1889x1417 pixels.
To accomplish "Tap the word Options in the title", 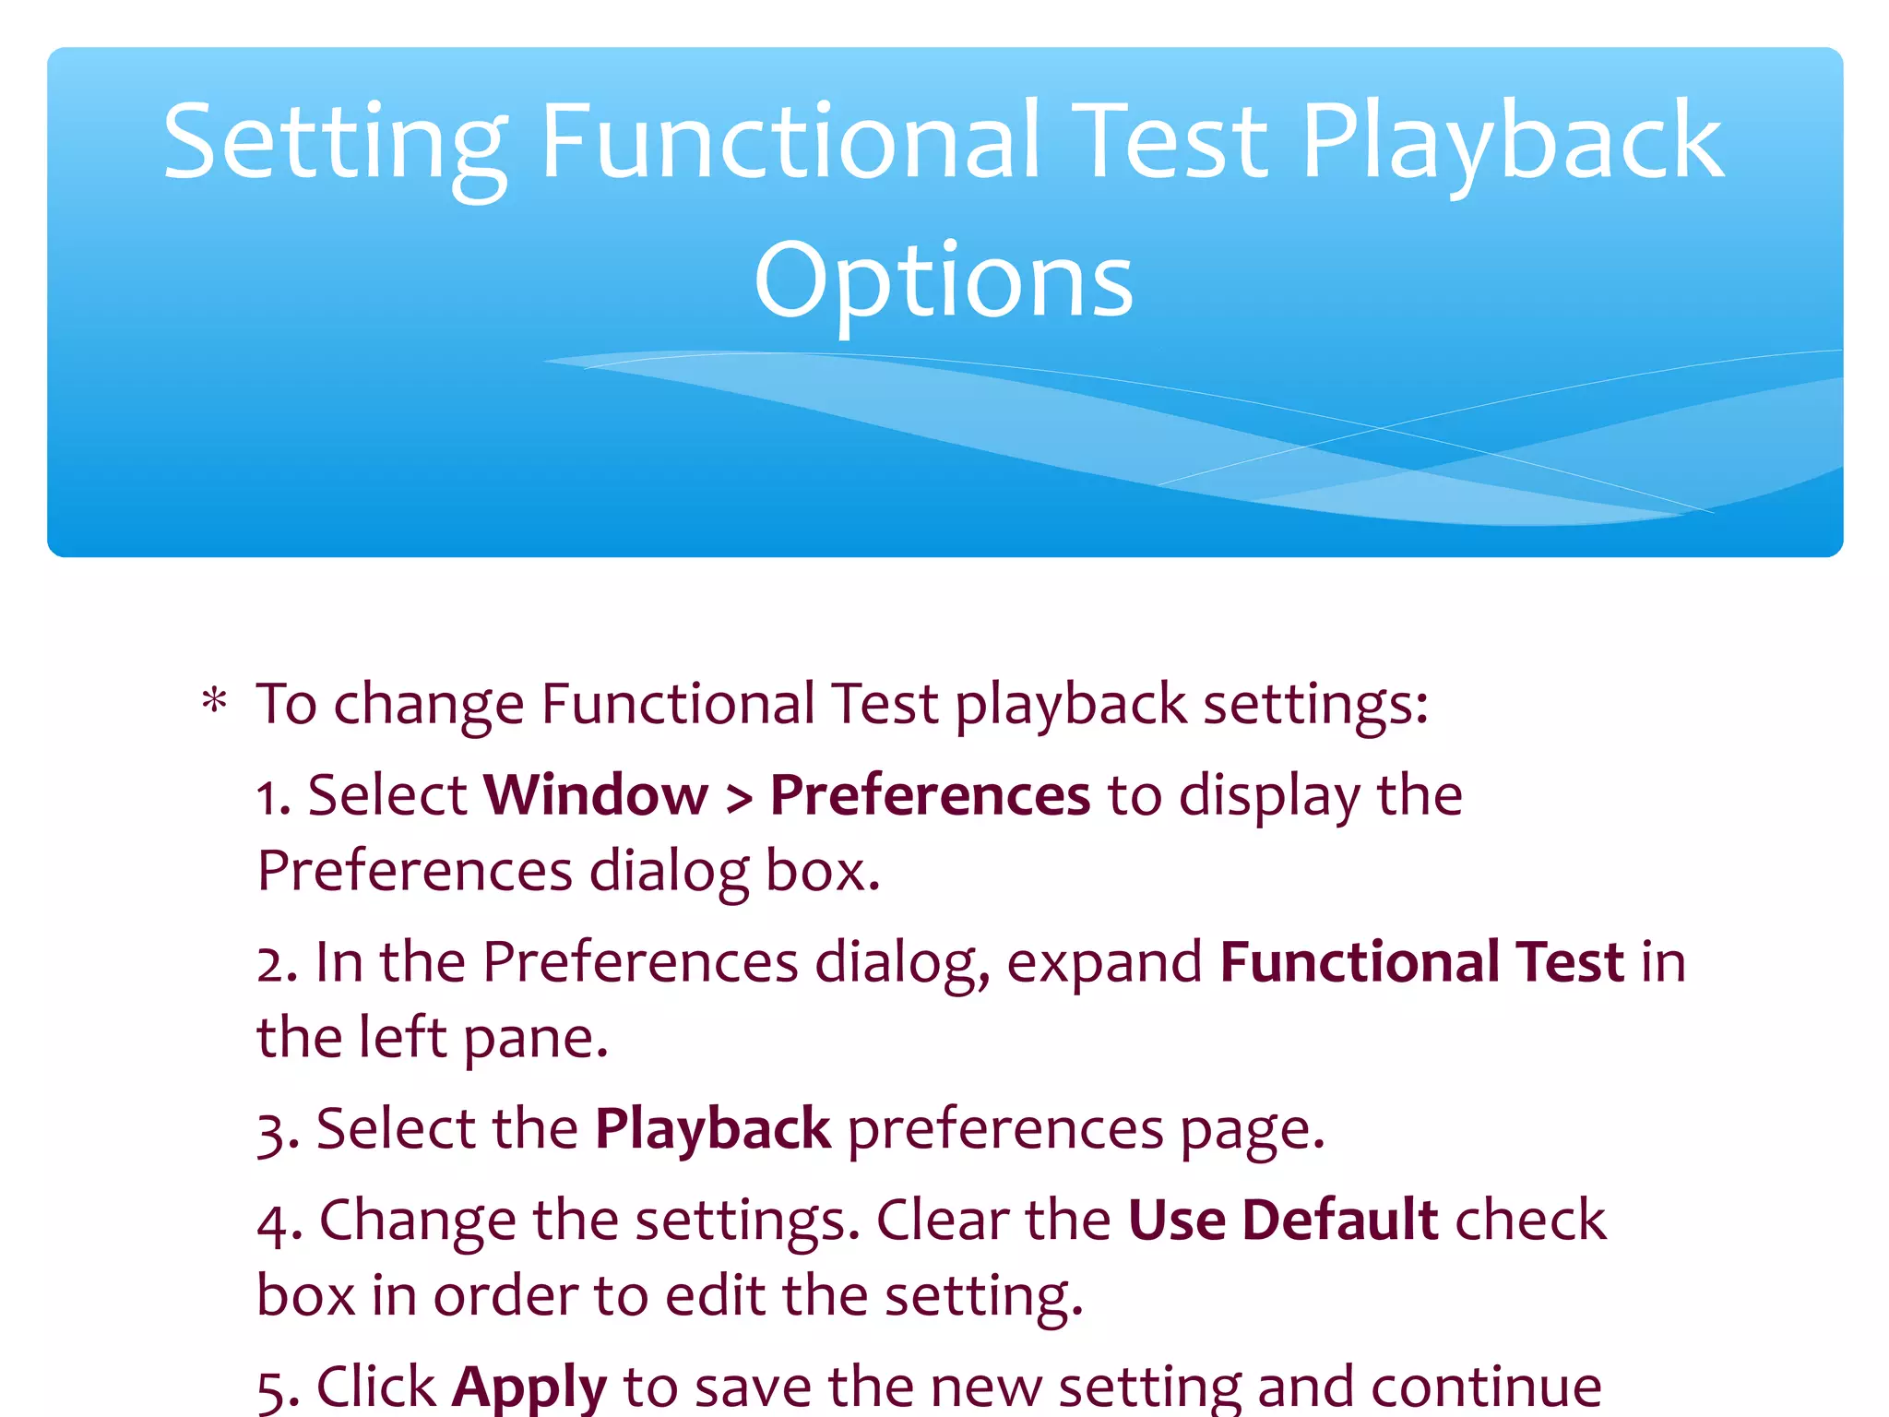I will tap(943, 281).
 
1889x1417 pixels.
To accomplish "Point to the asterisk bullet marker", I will tap(214, 703).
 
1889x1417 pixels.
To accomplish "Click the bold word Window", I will tap(595, 795).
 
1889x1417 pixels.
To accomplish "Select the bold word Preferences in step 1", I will tap(930, 795).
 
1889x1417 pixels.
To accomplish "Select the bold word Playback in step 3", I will tap(712, 1129).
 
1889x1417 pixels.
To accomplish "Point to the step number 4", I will tap(273, 1223).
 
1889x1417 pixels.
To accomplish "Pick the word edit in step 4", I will tap(716, 1295).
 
